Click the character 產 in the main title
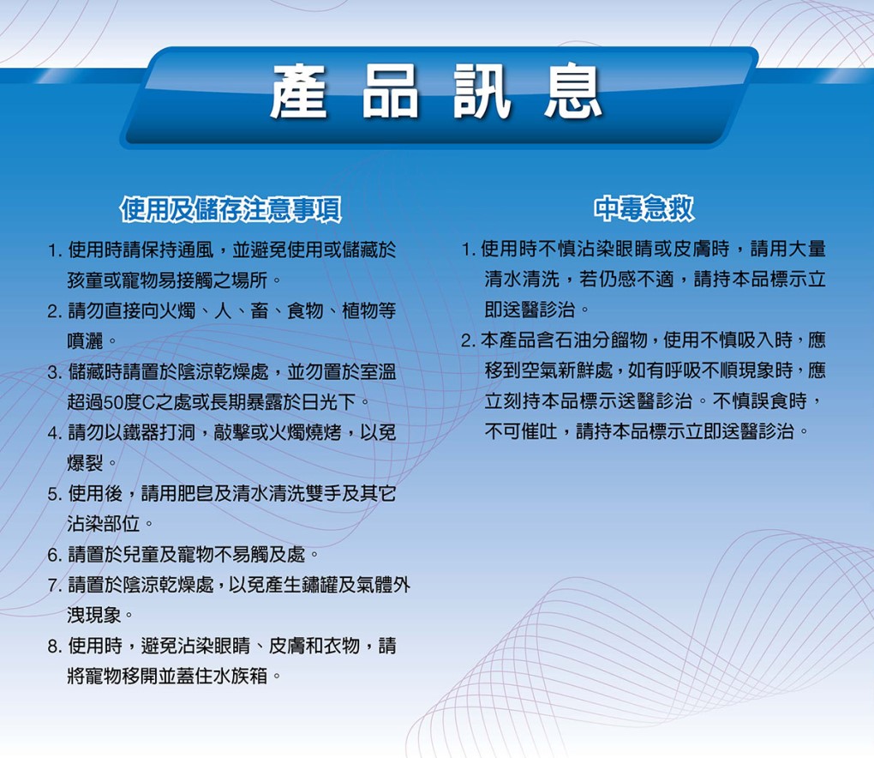pyautogui.click(x=299, y=91)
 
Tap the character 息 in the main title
pyautogui.click(x=573, y=91)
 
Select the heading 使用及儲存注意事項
pyautogui.click(x=231, y=210)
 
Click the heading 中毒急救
pyautogui.click(x=644, y=208)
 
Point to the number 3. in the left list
pyautogui.click(x=56, y=372)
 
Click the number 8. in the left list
pyautogui.click(x=56, y=647)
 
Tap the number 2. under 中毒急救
pyautogui.click(x=469, y=340)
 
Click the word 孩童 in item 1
pyautogui.click(x=86, y=280)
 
